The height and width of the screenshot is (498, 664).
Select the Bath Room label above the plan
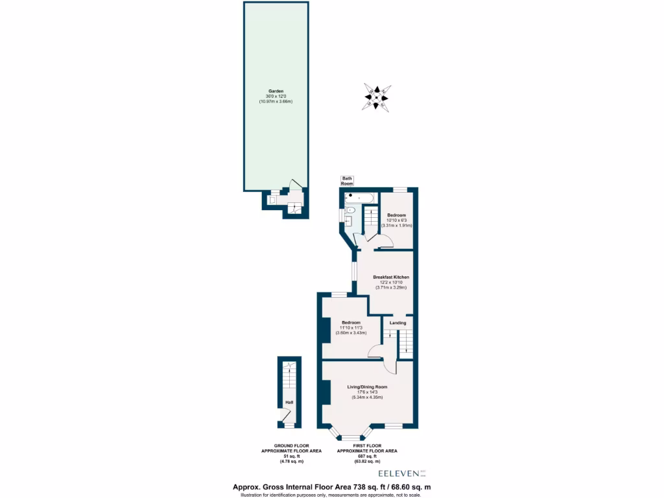coord(348,180)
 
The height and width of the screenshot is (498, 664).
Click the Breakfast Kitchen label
coord(391,278)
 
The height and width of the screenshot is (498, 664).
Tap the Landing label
coord(397,322)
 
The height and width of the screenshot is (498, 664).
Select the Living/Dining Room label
coord(367,387)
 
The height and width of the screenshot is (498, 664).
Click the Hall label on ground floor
coord(289,402)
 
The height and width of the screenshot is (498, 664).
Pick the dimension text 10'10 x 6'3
coord(397,220)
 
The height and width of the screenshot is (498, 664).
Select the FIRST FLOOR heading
coord(367,445)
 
